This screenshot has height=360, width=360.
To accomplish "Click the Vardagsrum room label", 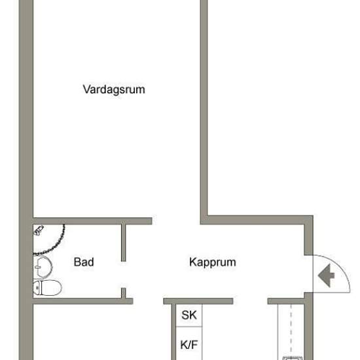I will coord(113,90).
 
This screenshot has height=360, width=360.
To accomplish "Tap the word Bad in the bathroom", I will coord(83,262).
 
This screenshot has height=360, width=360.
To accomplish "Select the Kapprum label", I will coord(212,262).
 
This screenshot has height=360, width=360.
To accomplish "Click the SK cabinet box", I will coord(189,315).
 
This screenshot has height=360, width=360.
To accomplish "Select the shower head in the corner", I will coord(39,231).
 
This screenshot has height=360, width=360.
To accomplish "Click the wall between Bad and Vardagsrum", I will coord(92,221).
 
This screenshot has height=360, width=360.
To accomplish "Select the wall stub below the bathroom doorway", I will coord(123,293).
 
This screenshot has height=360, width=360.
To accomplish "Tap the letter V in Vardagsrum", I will coord(86,90).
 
